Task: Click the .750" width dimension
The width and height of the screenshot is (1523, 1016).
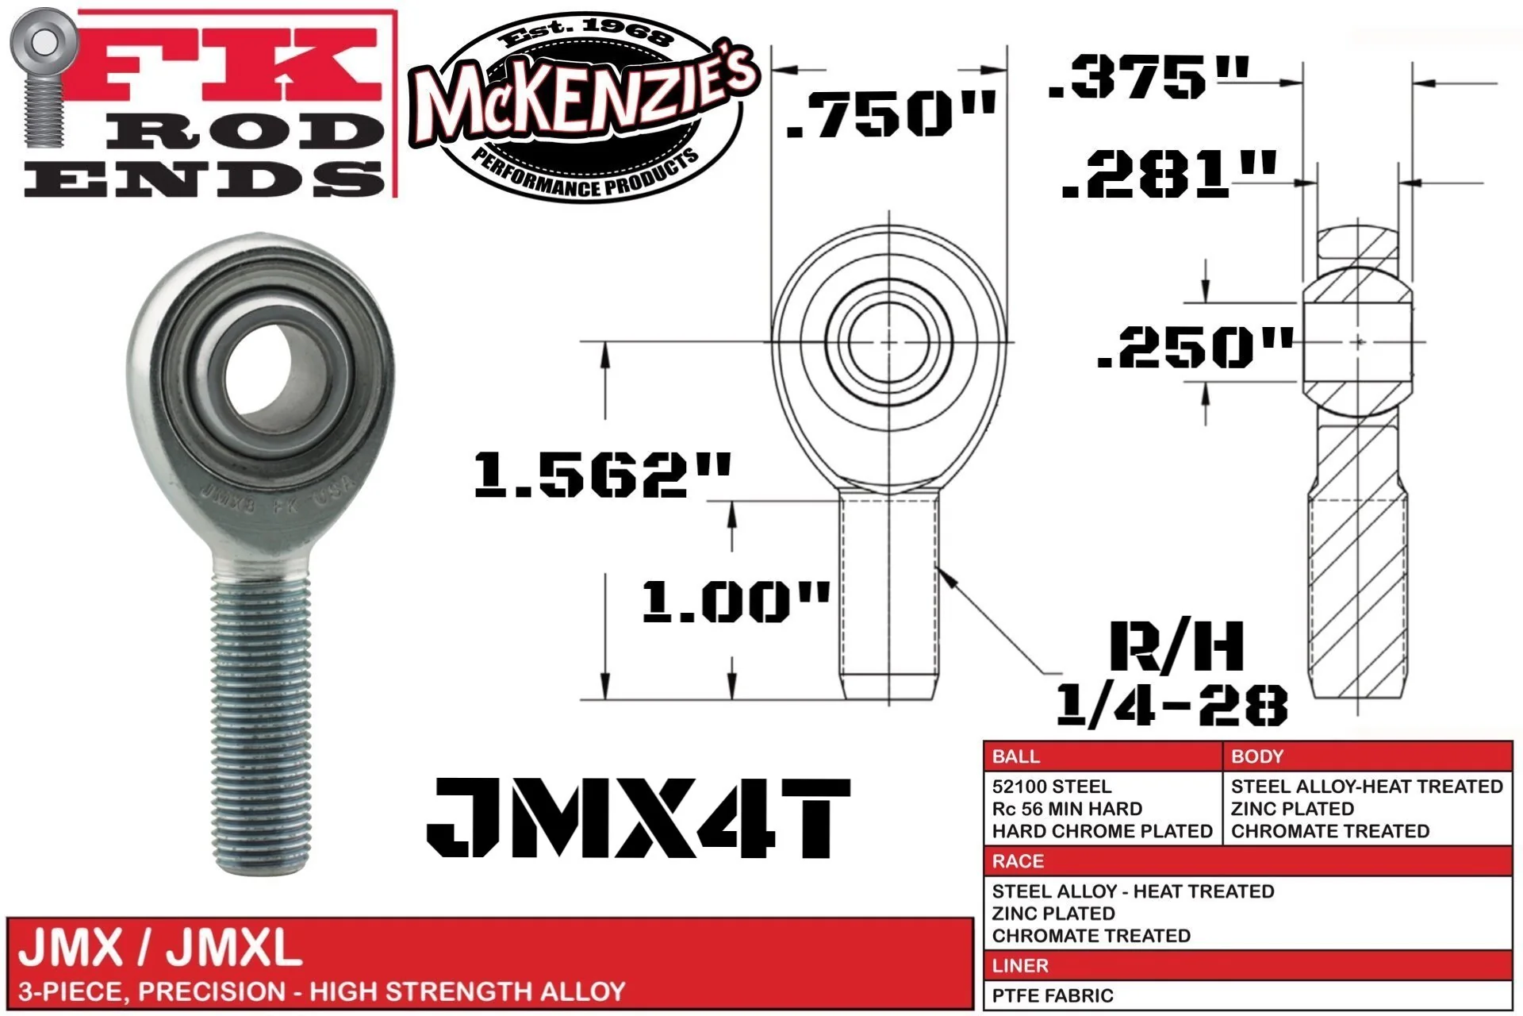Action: (891, 114)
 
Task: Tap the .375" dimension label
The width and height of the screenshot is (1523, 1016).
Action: (1148, 77)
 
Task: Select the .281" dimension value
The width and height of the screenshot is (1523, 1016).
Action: (1169, 175)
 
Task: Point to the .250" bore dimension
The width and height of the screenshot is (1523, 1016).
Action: (1195, 348)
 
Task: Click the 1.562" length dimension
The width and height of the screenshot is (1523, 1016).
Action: (602, 475)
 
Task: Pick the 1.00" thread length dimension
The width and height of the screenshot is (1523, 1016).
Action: (735, 601)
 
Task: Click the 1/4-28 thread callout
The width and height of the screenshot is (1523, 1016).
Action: (1171, 704)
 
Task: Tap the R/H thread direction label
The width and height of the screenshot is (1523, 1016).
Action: (1176, 646)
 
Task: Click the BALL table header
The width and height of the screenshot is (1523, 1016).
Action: (1015, 756)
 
